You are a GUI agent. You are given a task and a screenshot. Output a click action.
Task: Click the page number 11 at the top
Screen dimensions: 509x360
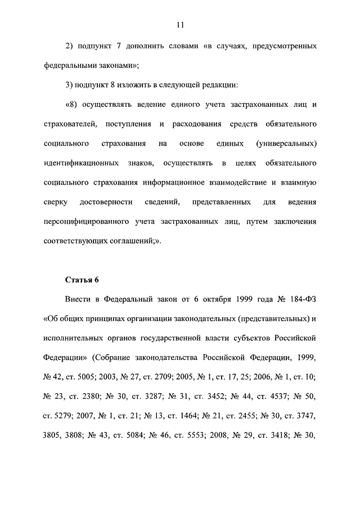point(180,24)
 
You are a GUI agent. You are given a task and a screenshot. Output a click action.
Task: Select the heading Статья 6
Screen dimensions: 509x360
point(82,280)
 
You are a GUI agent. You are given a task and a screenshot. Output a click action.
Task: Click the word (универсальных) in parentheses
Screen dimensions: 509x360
point(286,144)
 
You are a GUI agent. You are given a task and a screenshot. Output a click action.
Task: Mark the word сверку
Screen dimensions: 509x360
point(55,202)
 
